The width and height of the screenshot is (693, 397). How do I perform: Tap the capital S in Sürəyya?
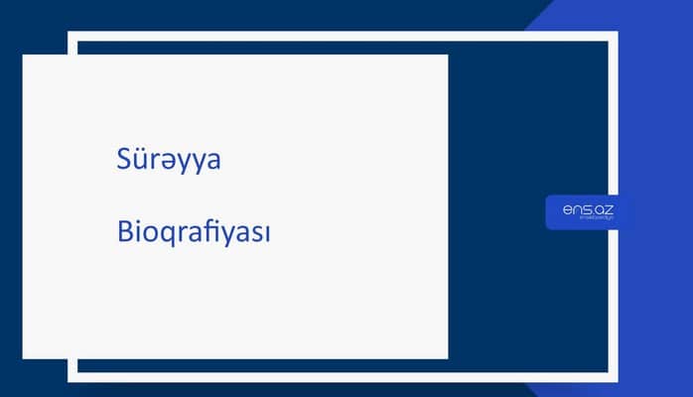tap(123, 162)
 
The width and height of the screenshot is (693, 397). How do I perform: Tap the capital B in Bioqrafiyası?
tap(123, 234)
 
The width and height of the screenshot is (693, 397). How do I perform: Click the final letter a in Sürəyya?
tap(211, 164)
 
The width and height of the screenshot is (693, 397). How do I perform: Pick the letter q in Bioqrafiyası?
tap(169, 238)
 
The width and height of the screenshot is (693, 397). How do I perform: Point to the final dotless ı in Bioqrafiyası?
tap(268, 236)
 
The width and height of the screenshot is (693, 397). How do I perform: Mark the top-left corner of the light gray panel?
tap(23, 55)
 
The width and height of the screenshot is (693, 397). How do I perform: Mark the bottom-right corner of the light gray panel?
tap(448, 358)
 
